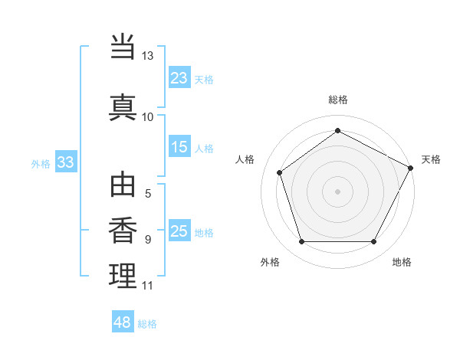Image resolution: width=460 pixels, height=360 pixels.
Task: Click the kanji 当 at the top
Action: [123, 47]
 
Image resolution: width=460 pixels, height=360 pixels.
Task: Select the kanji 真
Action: [123, 106]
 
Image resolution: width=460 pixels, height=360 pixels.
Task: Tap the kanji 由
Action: [123, 186]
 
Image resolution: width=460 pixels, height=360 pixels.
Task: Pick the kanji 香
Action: [123, 231]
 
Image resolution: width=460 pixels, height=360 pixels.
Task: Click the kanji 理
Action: [123, 275]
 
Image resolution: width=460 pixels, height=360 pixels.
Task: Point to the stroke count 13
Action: [148, 56]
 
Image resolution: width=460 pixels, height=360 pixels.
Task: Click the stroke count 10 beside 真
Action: [148, 116]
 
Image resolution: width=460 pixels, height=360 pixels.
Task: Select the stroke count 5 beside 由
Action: [148, 195]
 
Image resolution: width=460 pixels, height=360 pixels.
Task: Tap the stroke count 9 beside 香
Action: [148, 240]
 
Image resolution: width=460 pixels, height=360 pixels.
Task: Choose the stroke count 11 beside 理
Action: [148, 286]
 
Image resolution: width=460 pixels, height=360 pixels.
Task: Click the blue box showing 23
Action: [179, 77]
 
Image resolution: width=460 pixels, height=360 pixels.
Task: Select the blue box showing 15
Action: [179, 147]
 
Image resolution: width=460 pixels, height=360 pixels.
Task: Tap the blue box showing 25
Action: [179, 231]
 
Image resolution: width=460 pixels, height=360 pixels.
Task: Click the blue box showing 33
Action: [65, 162]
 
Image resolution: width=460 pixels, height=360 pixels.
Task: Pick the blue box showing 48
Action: [123, 322]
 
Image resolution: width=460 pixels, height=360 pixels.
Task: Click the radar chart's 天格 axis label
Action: [431, 159]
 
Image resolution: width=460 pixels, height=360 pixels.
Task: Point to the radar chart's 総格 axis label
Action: [338, 100]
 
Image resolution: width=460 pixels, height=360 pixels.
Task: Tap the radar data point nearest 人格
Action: [280, 172]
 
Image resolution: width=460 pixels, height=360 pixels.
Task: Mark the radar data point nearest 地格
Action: [374, 242]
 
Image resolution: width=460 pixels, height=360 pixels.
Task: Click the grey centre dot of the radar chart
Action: [338, 191]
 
